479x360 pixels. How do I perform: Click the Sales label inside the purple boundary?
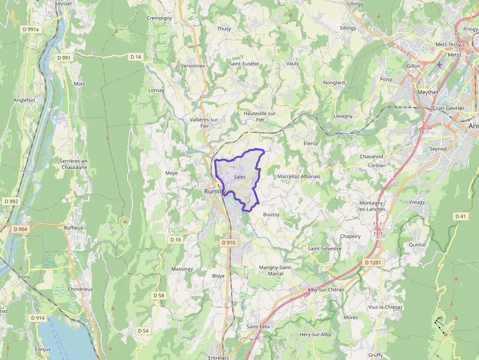click(239, 177)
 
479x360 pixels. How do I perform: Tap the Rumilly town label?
click(213, 191)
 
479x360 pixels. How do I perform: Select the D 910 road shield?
click(228, 242)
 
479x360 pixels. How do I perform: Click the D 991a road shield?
click(30, 29)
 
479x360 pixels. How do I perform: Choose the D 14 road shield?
click(135, 57)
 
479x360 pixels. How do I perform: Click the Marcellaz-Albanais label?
click(299, 176)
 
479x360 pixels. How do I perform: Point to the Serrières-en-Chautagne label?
click(73, 164)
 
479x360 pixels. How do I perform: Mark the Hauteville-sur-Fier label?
click(260, 116)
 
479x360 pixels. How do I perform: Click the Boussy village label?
click(271, 214)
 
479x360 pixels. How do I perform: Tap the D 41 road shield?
click(460, 216)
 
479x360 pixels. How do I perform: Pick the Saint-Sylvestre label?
click(325, 249)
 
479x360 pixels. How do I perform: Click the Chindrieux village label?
click(81, 289)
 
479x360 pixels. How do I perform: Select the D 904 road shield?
click(21, 229)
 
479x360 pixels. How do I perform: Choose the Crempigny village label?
click(159, 18)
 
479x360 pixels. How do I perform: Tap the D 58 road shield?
click(158, 296)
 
